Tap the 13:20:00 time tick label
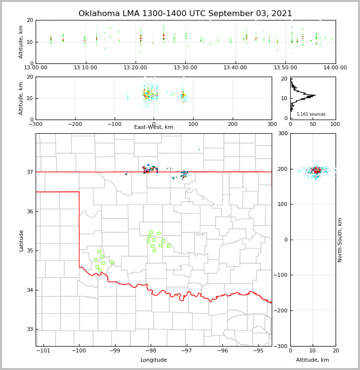(136, 68)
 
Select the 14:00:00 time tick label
(335, 68)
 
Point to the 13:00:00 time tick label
(36, 68)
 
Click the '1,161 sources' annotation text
(311, 114)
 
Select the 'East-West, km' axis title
(154, 127)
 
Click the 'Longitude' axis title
(154, 360)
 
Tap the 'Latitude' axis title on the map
(21, 240)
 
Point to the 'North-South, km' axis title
(340, 240)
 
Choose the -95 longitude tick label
(258, 350)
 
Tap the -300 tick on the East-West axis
(36, 124)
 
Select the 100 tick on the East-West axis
(193, 124)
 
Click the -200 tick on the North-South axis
(281, 311)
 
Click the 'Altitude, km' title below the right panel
(313, 360)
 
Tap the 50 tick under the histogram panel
(313, 124)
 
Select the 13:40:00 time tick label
(236, 68)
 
